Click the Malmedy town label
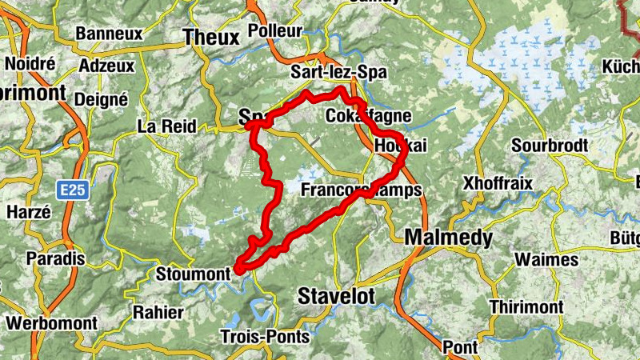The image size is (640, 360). pos(448,238)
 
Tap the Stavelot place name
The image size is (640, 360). pos(336,296)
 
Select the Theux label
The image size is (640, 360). pos(211,38)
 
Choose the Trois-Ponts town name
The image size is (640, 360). pos(264,337)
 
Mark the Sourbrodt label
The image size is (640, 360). pos(550,146)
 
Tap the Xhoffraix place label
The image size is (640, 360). pos(498,184)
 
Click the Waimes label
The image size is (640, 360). pos(546,260)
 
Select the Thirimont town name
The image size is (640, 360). pos(526,308)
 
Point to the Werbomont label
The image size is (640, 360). pos(51,324)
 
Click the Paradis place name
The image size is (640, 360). pos(55,259)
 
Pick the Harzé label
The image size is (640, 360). pos(28,212)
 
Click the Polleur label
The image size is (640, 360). pos(275,31)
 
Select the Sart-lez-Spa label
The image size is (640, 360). pos(338,73)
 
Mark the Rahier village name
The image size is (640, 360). pos(159,311)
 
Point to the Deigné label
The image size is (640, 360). pos(101,99)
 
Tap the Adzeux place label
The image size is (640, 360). pos(107,66)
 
